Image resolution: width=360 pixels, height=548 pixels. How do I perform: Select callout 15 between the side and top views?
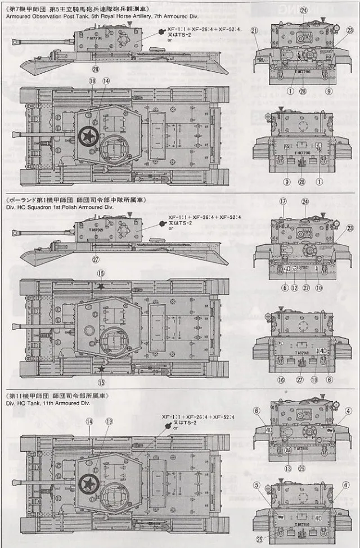tap(101, 273)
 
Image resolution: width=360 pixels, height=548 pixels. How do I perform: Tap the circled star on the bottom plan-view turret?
tap(88, 483)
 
